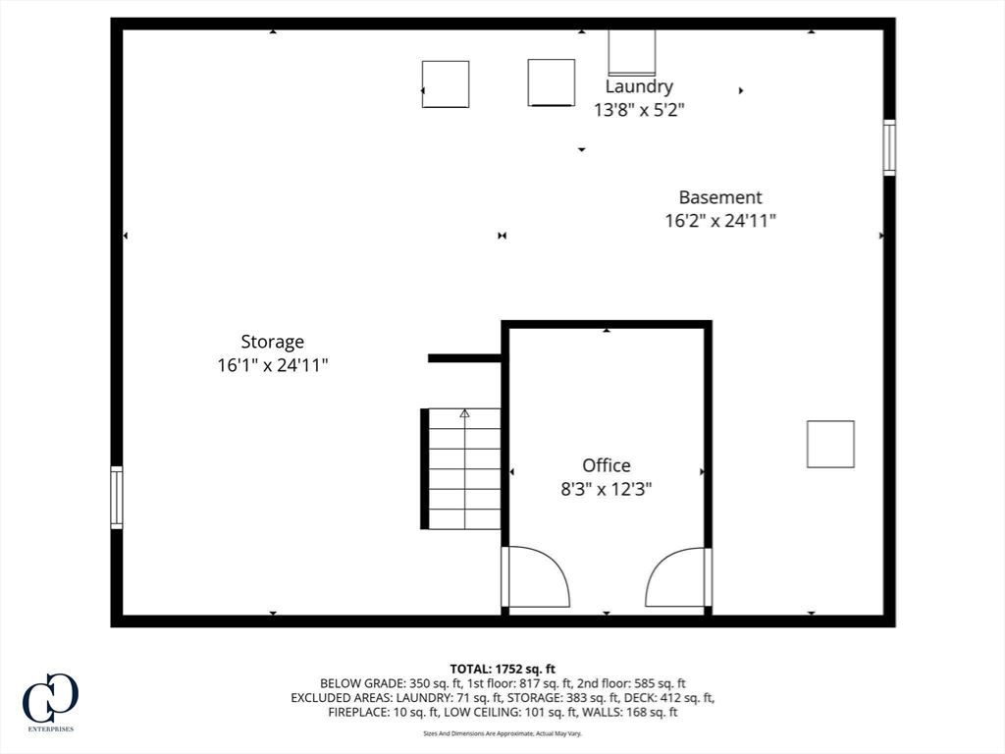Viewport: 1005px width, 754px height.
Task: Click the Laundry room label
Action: point(638,87)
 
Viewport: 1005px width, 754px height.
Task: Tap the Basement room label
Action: point(720,197)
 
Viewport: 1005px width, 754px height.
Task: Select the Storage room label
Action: point(272,342)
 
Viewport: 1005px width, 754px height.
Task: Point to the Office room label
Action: point(606,465)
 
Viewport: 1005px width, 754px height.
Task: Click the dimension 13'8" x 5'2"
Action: point(638,110)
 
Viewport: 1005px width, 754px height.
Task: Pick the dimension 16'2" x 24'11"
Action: point(720,221)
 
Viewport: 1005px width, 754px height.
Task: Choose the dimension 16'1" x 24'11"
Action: point(272,365)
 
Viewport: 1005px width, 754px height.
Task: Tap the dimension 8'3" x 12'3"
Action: point(606,488)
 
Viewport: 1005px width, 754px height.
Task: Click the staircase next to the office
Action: point(464,469)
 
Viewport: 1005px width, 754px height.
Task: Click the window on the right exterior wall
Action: point(889,147)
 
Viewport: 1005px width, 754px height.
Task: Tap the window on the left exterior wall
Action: point(117,498)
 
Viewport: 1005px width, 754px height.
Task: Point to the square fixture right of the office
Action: point(830,444)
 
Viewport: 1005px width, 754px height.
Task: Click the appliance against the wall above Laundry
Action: point(632,52)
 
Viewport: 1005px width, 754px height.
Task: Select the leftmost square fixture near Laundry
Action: point(446,84)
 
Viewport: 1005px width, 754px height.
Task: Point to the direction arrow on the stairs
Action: point(464,414)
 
